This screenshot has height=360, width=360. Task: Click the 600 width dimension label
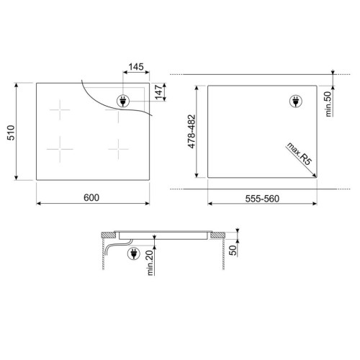coord(91,197)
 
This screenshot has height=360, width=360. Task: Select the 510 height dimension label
coord(12,132)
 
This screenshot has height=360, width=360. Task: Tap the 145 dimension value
coord(136,66)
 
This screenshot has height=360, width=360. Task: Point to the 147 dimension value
coord(158,92)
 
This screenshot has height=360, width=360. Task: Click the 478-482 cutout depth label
coord(192,132)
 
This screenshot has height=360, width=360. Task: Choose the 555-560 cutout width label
coord(262,199)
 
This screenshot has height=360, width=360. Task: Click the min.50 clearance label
coord(328,104)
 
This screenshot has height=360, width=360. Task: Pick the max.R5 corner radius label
coord(299,153)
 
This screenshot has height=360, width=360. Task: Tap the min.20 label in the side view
coord(150,263)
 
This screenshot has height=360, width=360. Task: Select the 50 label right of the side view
coord(233,251)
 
